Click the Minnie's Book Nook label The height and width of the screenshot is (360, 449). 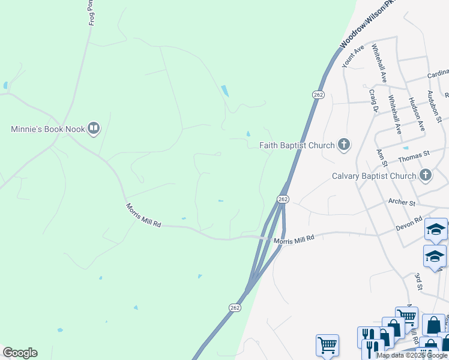point(48,129)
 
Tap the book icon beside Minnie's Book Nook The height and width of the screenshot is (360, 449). point(94,128)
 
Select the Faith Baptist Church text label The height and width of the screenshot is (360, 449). point(298,145)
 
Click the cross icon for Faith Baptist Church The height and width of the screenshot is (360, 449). point(344,145)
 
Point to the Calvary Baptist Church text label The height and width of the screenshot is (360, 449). point(374,176)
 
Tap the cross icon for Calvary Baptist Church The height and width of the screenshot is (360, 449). point(425,176)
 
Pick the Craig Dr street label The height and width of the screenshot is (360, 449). point(373,101)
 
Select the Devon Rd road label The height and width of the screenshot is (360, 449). point(409,223)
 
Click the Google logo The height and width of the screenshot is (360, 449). point(20,353)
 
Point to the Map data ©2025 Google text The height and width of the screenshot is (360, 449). point(412,355)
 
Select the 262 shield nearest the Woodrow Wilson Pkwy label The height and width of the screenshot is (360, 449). point(318,95)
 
